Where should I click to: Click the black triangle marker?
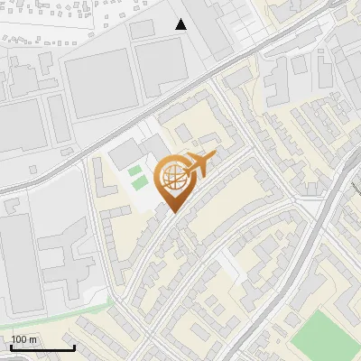(181, 24)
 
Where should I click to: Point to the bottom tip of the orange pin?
(172, 213)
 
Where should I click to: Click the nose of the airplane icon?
(214, 157)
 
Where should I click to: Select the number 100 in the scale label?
(19, 339)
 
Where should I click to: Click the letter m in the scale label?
(32, 339)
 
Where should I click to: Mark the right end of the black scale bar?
(74, 347)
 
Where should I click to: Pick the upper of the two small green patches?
(135, 171)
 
